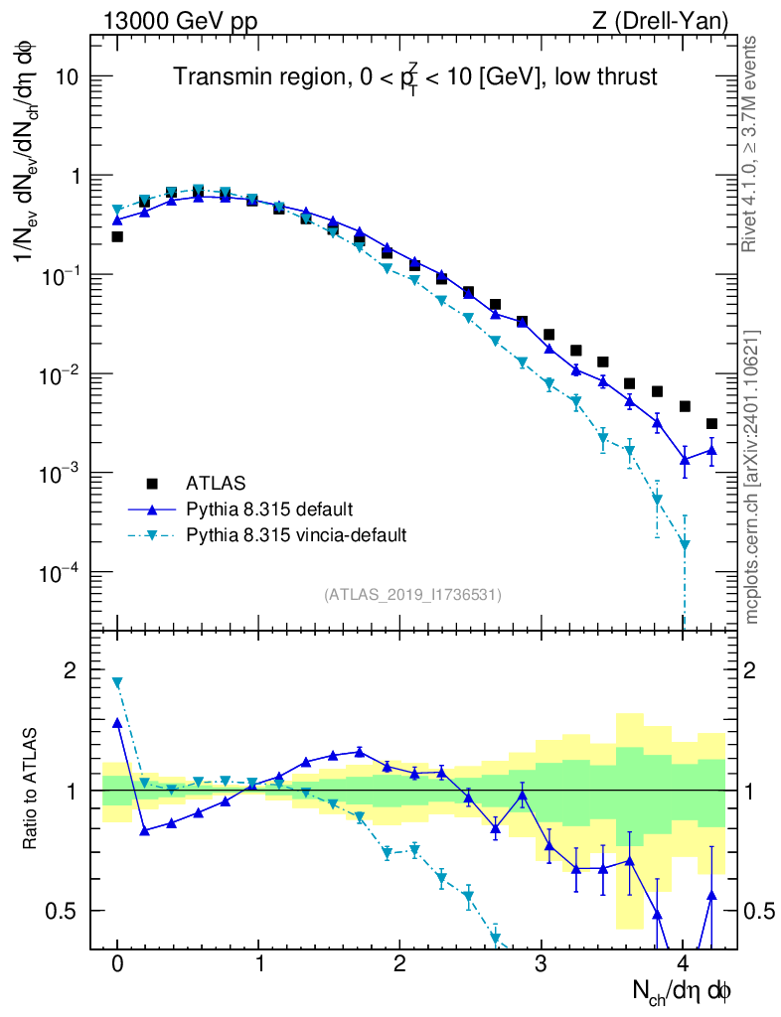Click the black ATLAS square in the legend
click(x=152, y=484)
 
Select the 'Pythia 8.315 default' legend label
click(x=268, y=509)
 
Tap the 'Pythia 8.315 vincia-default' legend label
click(x=296, y=535)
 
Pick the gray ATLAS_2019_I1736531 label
click(x=412, y=594)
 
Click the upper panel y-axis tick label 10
click(x=66, y=77)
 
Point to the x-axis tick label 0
click(x=117, y=964)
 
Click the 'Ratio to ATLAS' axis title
click(x=32, y=789)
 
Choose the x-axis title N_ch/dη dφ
click(x=683, y=990)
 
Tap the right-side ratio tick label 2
click(x=762, y=670)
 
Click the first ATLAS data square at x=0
click(x=117, y=237)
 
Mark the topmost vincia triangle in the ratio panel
click(x=117, y=683)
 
